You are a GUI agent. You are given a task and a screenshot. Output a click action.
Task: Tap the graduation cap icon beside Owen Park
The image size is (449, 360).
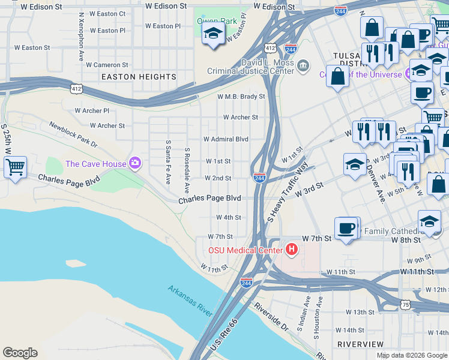coord(213,34)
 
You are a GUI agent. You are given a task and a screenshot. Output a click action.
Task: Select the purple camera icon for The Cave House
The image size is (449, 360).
coord(135,163)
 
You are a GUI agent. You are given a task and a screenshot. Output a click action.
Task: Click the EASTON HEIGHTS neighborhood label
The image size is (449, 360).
coord(139,77)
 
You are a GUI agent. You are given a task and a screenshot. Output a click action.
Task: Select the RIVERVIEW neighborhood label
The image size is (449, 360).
coord(360,344)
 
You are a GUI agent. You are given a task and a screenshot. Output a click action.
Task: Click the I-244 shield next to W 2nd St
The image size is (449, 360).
coord(260,178)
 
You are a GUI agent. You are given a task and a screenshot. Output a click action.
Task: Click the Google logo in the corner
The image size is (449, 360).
coord(20,353)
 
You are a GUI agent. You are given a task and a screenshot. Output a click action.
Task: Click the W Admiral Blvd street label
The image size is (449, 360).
coord(226,139)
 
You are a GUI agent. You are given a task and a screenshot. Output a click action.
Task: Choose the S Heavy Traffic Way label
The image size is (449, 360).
coord(288,193)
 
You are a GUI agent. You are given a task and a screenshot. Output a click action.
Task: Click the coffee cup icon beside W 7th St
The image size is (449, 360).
coord(346,229)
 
